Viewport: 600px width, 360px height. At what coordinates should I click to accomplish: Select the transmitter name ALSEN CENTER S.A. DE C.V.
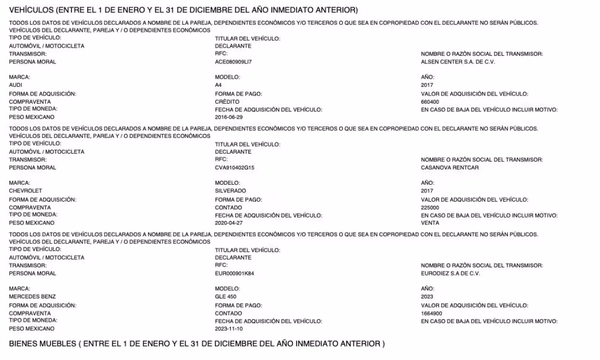[x=458, y=62]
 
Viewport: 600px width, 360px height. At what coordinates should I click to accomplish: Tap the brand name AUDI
[x=16, y=85]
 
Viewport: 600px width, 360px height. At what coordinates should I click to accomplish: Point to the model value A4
[x=219, y=85]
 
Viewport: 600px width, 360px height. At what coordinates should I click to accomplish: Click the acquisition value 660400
[x=431, y=101]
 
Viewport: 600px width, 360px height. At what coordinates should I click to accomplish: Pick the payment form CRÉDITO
[x=227, y=101]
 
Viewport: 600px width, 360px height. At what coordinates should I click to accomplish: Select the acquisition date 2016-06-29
[x=229, y=117]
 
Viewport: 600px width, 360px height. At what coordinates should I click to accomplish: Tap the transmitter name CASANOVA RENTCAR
[x=450, y=168]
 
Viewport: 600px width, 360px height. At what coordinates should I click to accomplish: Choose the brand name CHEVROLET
[x=26, y=191]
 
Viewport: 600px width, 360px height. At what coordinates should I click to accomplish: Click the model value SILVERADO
[x=230, y=191]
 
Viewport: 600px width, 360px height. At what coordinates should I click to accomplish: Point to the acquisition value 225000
[x=431, y=208]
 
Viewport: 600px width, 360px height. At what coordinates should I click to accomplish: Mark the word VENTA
[x=430, y=223]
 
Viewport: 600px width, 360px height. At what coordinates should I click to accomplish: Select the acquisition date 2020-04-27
[x=229, y=223]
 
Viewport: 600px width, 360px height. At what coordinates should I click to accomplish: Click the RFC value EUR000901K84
[x=234, y=273]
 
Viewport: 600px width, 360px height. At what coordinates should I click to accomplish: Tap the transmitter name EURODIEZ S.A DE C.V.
[x=451, y=273]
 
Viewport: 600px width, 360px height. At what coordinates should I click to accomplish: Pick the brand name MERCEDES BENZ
[x=32, y=297]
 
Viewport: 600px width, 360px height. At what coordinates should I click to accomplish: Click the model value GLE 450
[x=226, y=297]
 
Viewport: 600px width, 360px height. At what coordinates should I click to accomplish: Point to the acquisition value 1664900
[x=432, y=313]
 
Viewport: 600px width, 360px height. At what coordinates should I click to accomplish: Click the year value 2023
[x=428, y=297]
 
